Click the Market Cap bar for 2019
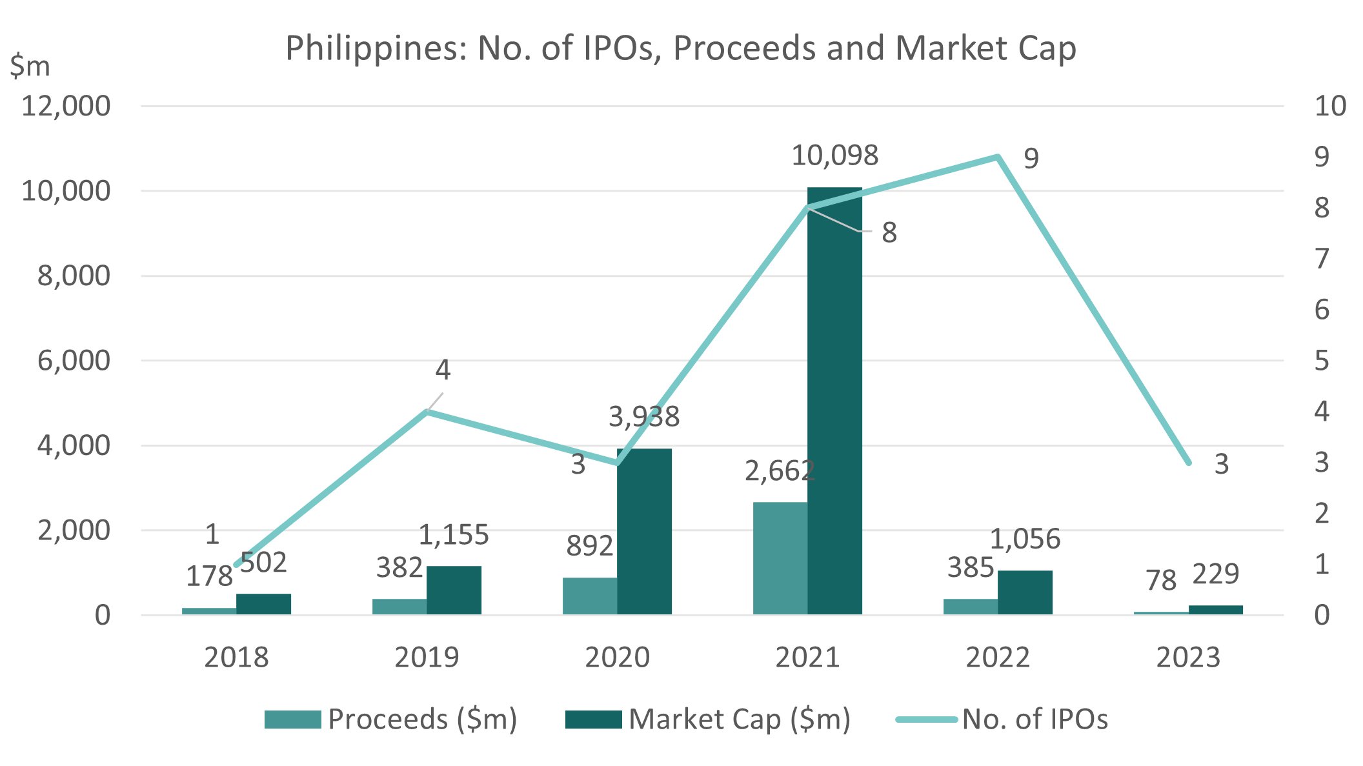pyautogui.click(x=454, y=590)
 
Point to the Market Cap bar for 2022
pyautogui.click(x=1025, y=592)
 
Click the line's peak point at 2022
pyautogui.click(x=998, y=157)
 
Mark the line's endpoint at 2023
pyautogui.click(x=1188, y=463)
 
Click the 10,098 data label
pyautogui.click(x=834, y=156)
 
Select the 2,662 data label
pyautogui.click(x=780, y=471)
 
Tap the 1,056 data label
pyautogui.click(x=1025, y=539)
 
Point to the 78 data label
pyautogui.click(x=1161, y=581)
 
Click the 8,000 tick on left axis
pyautogui.click(x=74, y=276)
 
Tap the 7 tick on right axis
pyautogui.click(x=1322, y=259)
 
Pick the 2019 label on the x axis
pyautogui.click(x=427, y=658)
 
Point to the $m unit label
pyautogui.click(x=30, y=66)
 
